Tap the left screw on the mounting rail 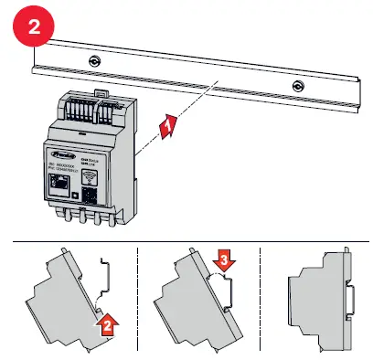click(94, 61)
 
